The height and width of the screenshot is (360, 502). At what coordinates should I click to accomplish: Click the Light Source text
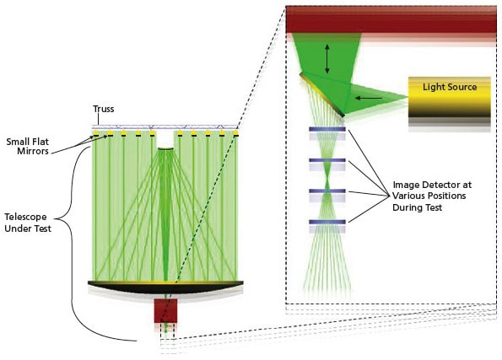pos(450,87)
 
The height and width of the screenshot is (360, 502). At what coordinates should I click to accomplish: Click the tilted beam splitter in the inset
pos(321,94)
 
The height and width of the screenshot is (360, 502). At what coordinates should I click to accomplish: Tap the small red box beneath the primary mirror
pos(165,309)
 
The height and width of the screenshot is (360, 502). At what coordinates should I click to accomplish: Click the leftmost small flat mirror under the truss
pos(97,134)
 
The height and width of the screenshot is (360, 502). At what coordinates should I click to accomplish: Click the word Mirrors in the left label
pos(31,153)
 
